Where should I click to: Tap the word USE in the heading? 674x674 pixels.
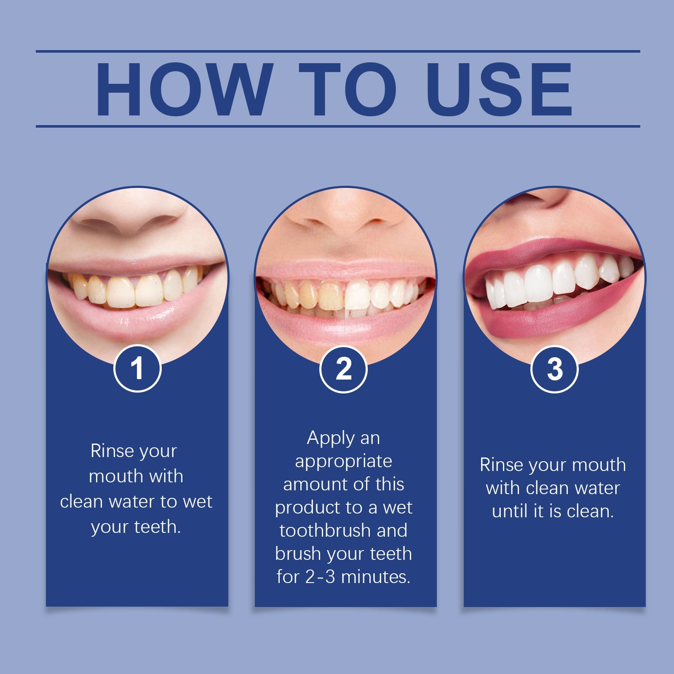point(499,89)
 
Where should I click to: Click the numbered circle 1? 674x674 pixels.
point(137,369)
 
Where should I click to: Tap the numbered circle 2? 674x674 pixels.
point(343,369)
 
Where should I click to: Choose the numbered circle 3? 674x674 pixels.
point(554,369)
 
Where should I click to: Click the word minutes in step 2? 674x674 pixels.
point(376,577)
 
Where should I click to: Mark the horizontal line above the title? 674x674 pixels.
point(338,51)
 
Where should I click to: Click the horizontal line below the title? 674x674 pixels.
point(338,126)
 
